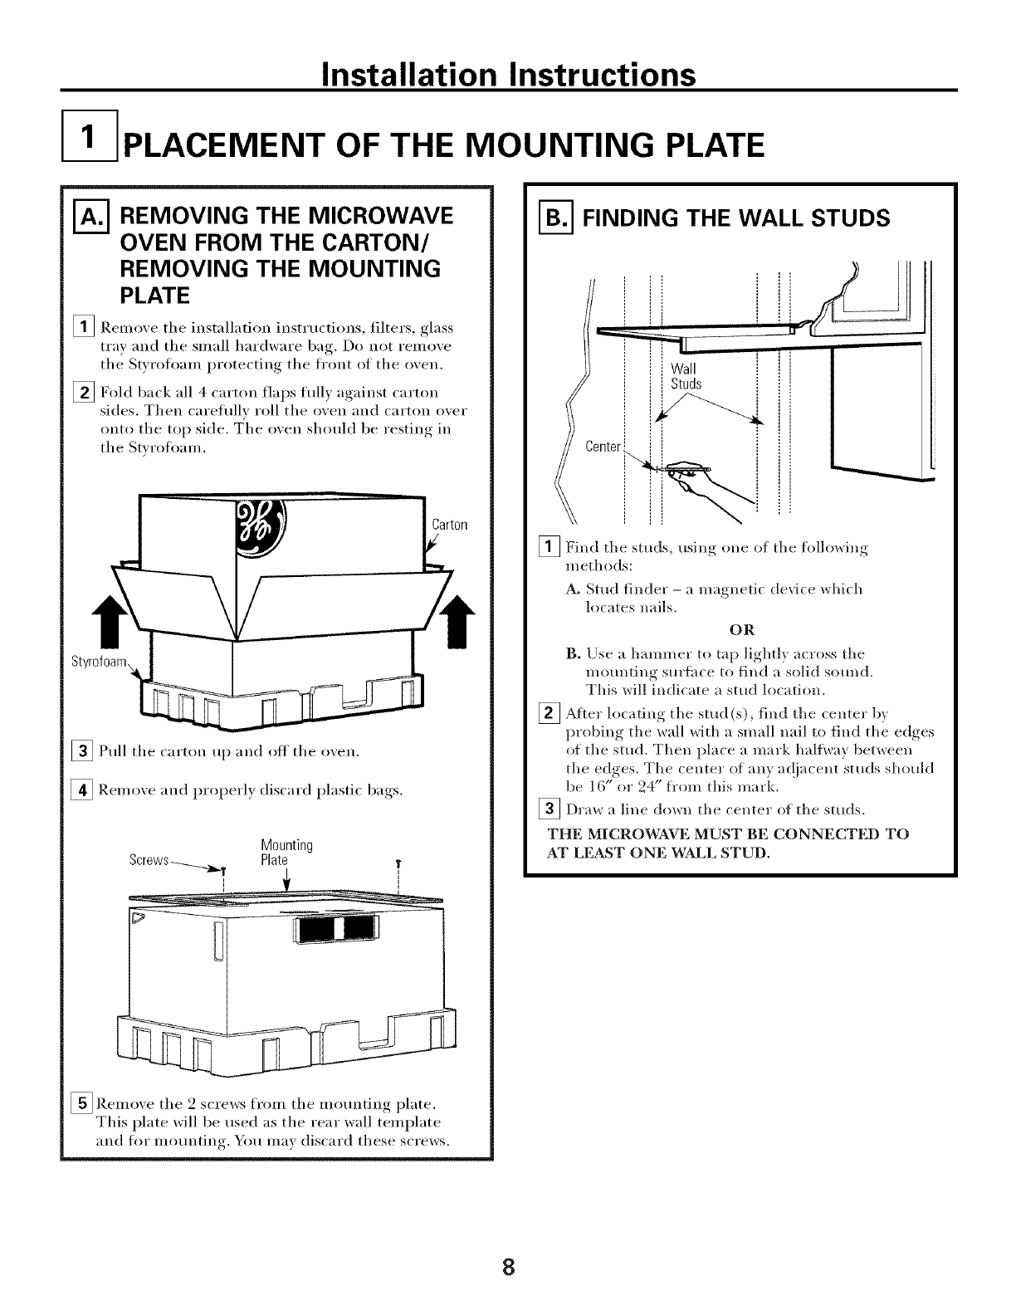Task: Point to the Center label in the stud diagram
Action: coord(603,447)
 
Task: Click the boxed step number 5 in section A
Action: coord(84,1105)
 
